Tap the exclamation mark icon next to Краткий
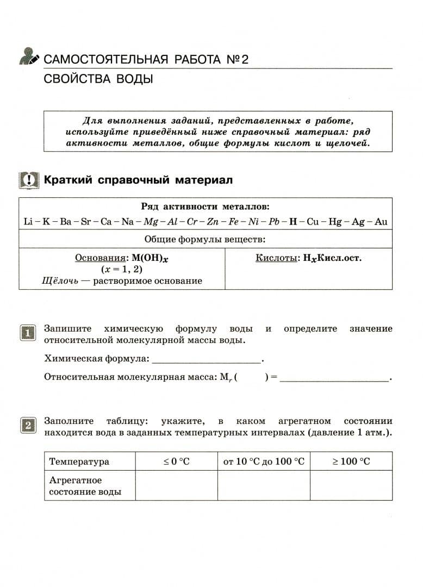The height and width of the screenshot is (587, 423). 29,180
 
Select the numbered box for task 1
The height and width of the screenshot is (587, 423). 28,332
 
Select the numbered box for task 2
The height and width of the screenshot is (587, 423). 28,424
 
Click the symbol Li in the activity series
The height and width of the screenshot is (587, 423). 28,221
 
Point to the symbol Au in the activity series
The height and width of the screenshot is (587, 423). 381,221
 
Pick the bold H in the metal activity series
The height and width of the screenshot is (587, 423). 294,221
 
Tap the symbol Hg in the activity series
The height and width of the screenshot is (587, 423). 335,221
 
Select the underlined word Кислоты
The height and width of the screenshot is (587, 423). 276,258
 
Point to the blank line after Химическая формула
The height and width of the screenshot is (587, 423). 207,359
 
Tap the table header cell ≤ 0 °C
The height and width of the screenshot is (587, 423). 177,461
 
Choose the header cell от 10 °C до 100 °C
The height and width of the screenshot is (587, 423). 264,461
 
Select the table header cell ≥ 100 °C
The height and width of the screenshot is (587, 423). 351,461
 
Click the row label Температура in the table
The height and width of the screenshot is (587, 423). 79,461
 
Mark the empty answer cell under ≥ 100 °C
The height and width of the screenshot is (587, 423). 351,485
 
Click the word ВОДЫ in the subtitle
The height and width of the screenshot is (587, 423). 134,79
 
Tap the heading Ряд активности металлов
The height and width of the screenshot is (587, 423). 205,207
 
